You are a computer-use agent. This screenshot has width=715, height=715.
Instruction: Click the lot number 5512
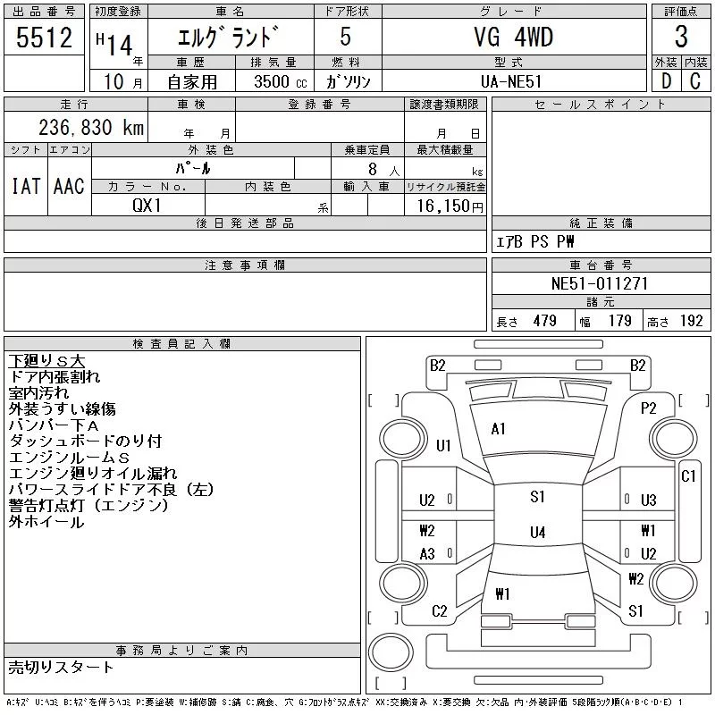tap(44, 38)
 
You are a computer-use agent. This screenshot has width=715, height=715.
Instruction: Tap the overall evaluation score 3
tap(681, 38)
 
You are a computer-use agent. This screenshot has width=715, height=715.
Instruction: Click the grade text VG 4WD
tap(513, 38)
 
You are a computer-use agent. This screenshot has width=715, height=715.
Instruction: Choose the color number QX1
tap(147, 204)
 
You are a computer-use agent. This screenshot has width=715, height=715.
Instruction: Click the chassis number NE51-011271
tap(600, 283)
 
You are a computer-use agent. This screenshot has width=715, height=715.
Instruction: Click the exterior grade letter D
tap(665, 80)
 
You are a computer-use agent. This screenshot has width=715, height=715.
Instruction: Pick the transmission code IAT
tap(25, 187)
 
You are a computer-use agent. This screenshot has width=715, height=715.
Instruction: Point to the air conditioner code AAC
tap(69, 187)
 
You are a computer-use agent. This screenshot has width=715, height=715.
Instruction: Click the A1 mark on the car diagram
tap(499, 429)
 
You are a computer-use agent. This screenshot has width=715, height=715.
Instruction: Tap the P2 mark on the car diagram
tap(648, 408)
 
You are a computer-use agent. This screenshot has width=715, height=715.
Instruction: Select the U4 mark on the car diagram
tap(537, 533)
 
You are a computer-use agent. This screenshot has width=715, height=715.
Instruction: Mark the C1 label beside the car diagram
tap(687, 476)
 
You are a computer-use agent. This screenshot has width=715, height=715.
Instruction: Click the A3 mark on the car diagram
tap(427, 554)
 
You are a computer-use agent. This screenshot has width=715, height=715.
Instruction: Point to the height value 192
tap(691, 321)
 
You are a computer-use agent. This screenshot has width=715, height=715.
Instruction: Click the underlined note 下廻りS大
tap(46, 361)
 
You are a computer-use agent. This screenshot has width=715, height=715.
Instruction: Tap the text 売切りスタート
tap(61, 667)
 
